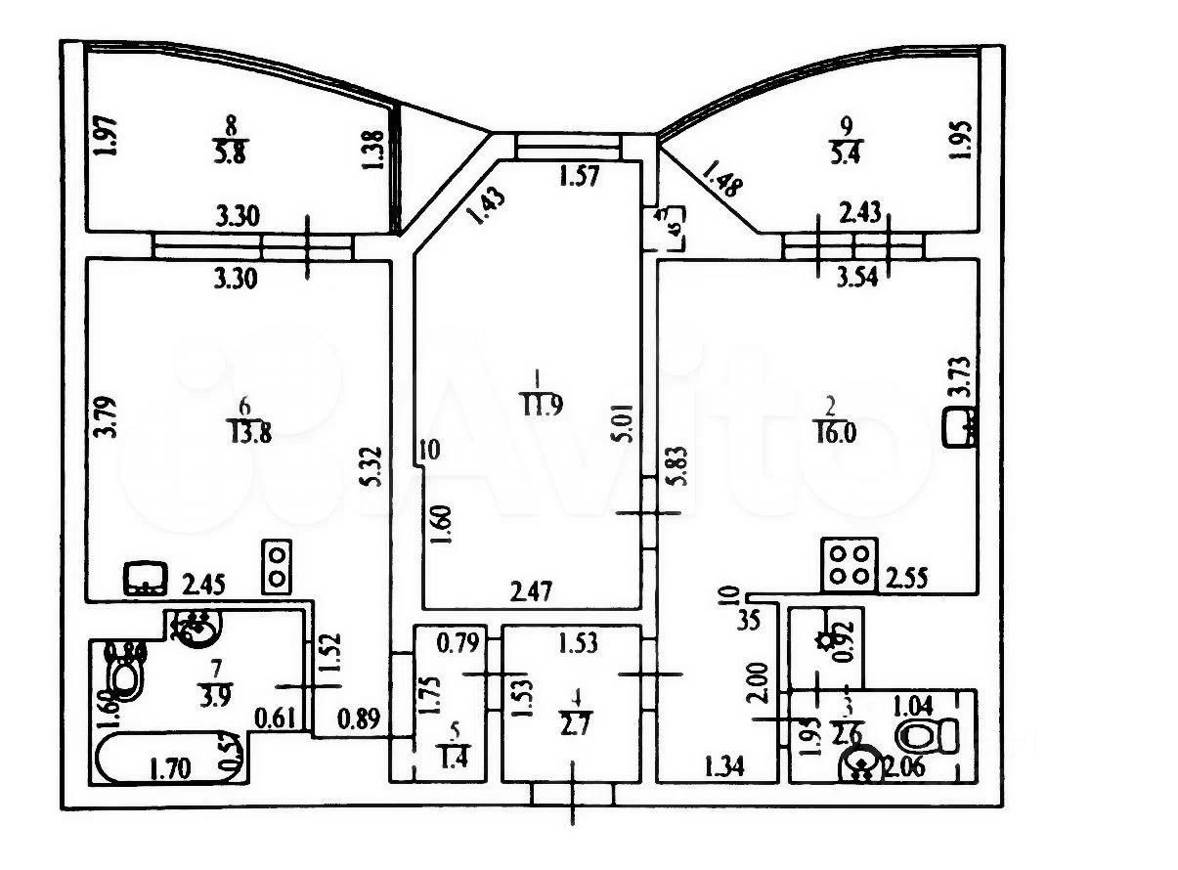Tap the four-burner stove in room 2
[849, 564]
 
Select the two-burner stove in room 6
[277, 566]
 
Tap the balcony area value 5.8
[231, 152]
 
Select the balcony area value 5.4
[846, 152]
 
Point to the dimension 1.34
[724, 767]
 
